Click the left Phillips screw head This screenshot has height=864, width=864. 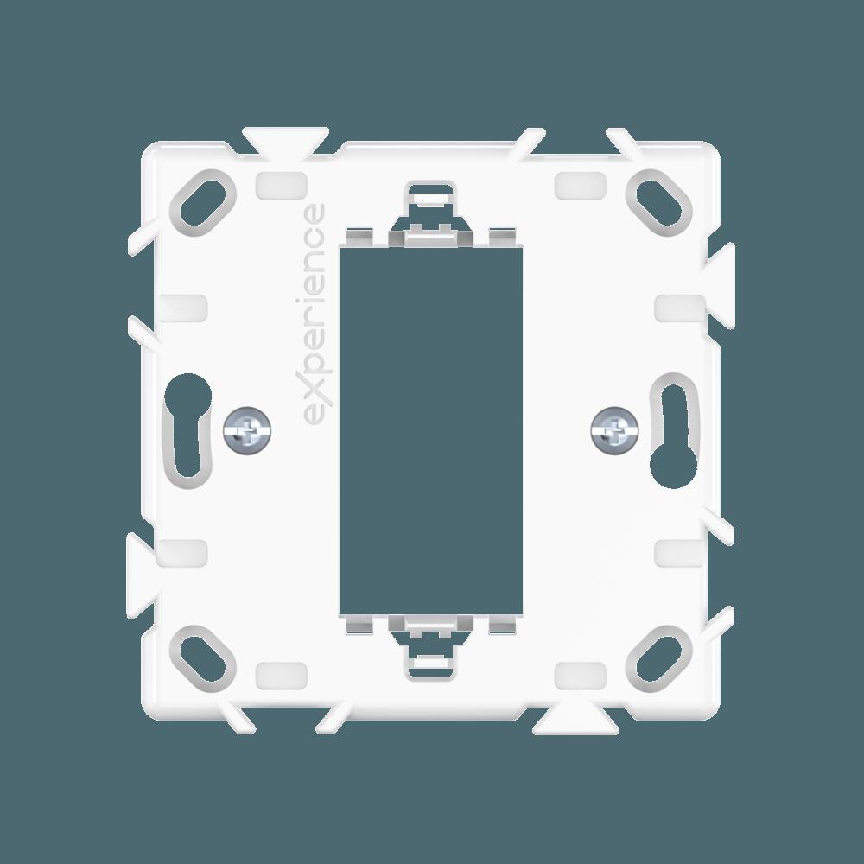coord(248,430)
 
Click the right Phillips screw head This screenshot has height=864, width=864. coord(614,430)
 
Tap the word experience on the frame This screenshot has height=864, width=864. coord(314,314)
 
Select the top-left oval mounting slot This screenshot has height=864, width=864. coord(203,203)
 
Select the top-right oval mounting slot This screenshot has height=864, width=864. coord(659,203)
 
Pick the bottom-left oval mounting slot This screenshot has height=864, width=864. coord(203,659)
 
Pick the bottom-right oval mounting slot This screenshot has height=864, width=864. coord(659,659)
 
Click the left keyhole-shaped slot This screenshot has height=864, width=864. coord(188,430)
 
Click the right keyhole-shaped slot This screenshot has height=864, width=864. coord(674,430)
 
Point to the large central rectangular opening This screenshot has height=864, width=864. coord(431,430)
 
